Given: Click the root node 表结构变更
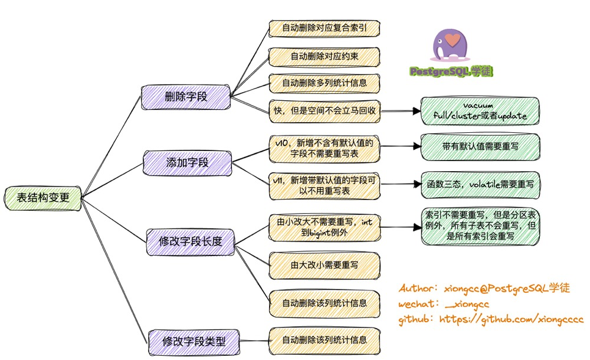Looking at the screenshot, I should (43, 198).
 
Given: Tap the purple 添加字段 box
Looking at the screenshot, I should (188, 162).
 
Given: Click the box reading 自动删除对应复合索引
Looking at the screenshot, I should (324, 28).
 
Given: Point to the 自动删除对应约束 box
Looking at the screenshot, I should (324, 56).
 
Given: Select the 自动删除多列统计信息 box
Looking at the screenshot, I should (324, 83).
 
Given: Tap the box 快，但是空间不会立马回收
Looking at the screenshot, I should (324, 110).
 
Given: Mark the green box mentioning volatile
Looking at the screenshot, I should (480, 184).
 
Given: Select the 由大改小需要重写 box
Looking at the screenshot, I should (324, 265).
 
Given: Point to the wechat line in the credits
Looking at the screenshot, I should (444, 304).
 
